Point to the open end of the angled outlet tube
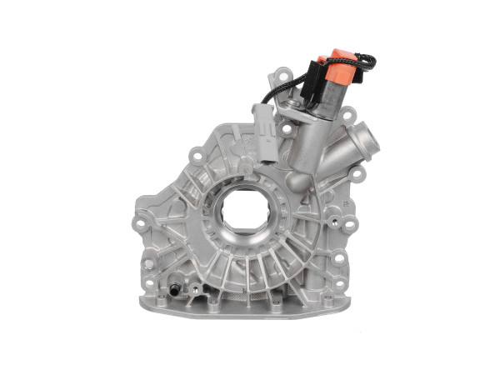[361, 134]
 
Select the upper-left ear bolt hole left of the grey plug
[195, 154]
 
